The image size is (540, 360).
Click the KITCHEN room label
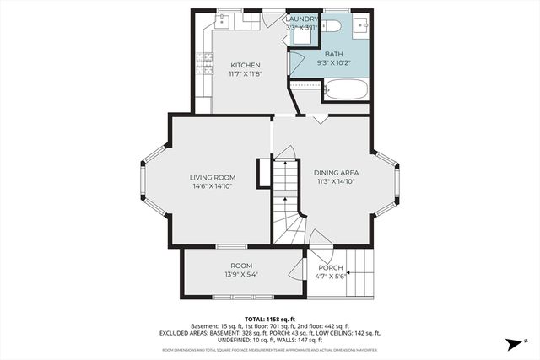pos(246,65)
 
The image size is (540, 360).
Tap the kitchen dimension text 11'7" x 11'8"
pos(246,74)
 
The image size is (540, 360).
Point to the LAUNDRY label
pos(302,19)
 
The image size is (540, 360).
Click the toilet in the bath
pos(331,25)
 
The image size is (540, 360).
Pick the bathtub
pos(346,89)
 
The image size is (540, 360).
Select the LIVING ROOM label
pos(212,177)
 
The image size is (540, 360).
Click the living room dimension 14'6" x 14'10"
pos(212,186)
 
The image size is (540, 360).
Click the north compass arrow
pos(511,343)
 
